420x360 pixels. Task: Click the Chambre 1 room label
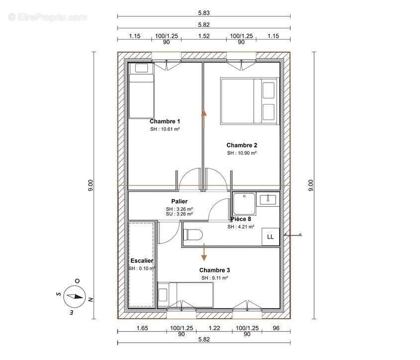(x=165, y=121)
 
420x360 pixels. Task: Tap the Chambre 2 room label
(x=242, y=145)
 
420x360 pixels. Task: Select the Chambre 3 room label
(x=214, y=270)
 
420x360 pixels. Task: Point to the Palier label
(x=179, y=201)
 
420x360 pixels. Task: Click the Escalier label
(x=142, y=260)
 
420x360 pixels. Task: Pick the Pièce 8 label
(x=241, y=219)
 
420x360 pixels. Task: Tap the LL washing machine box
(x=271, y=237)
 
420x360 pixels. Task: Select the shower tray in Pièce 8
(x=244, y=204)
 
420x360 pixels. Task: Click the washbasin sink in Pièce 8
(x=268, y=199)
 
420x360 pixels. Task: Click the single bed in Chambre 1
(x=141, y=90)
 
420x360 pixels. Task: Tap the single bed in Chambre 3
(x=185, y=295)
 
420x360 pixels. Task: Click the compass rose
(x=75, y=297)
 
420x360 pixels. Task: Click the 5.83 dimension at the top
(x=204, y=13)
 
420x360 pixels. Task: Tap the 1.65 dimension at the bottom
(x=142, y=328)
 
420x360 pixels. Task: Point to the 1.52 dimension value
(x=204, y=36)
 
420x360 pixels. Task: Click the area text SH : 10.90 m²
(x=242, y=153)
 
